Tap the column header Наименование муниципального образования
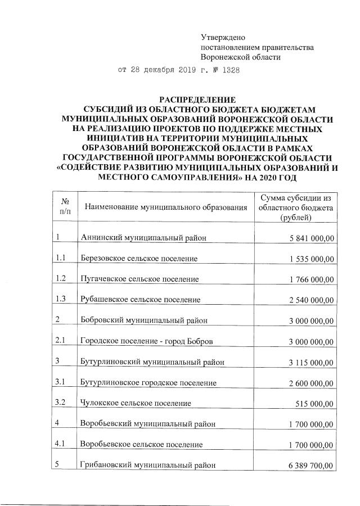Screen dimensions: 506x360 click(x=166, y=209)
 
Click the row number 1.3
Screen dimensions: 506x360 click(x=62, y=299)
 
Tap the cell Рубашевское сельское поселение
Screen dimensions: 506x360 click(x=141, y=300)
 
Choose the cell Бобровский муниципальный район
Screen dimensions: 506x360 click(x=145, y=320)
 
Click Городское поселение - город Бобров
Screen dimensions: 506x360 click(x=147, y=341)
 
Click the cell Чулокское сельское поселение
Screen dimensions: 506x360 click(x=136, y=403)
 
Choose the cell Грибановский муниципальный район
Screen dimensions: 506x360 click(x=148, y=466)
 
